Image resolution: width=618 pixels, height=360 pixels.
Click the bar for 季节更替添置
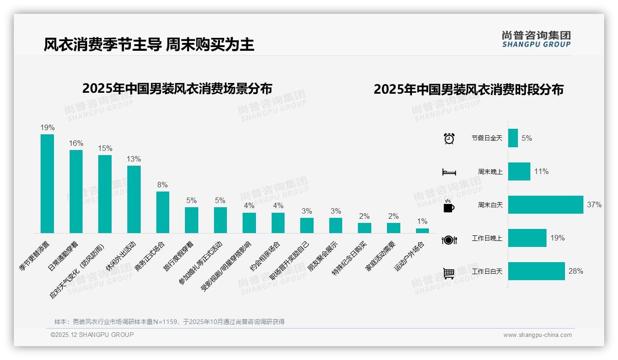click(x=47, y=184)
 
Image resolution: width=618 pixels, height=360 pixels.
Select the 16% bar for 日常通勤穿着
click(x=76, y=192)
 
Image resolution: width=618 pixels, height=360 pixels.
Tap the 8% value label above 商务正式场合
click(x=162, y=185)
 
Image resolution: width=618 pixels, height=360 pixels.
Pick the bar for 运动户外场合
click(x=422, y=231)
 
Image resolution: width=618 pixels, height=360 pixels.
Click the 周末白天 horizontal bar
click(x=546, y=205)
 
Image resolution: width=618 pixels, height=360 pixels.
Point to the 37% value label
click(x=594, y=204)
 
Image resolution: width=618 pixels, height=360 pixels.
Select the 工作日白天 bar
click(x=536, y=271)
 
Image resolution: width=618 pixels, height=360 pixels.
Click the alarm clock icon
click(x=449, y=138)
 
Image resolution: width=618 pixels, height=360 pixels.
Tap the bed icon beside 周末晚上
click(x=449, y=172)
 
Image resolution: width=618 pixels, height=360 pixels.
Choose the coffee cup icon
click(x=449, y=206)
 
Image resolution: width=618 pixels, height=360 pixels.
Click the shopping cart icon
click(x=449, y=273)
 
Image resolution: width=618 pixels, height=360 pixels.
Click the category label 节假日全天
click(x=487, y=138)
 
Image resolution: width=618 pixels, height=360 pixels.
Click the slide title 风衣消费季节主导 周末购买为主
click(x=149, y=45)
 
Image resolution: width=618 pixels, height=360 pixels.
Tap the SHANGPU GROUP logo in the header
click(x=536, y=39)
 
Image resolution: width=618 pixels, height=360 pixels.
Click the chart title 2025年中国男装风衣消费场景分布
click(x=177, y=89)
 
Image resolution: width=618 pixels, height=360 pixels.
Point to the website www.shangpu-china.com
click(x=537, y=335)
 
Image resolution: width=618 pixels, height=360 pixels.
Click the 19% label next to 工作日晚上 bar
click(x=557, y=238)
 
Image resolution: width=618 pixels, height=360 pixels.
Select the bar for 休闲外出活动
click(x=134, y=199)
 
